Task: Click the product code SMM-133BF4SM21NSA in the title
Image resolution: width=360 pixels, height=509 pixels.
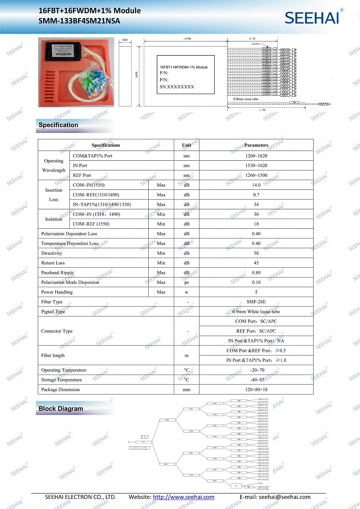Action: tap(79, 21)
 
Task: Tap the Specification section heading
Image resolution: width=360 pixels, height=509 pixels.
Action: tap(58, 125)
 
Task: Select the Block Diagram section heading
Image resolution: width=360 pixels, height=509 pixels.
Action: tap(61, 408)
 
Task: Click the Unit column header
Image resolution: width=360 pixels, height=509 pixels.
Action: tap(186, 145)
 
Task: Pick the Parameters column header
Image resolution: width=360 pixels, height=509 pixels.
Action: tap(256, 145)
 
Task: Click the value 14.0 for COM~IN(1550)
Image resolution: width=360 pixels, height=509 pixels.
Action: tap(256, 185)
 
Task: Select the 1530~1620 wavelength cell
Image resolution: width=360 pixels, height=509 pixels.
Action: tap(256, 166)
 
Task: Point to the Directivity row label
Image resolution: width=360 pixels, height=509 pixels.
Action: tap(52, 253)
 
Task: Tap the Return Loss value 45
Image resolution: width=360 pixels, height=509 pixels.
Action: tap(256, 263)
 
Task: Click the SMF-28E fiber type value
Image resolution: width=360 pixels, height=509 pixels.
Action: tap(256, 302)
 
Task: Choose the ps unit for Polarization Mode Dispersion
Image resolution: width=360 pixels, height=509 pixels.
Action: tap(186, 282)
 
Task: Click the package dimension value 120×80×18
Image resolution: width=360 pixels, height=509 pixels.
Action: tap(256, 389)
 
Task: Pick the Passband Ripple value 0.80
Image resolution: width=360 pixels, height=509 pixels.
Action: tap(256, 273)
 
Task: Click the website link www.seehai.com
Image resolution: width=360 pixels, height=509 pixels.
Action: tap(184, 497)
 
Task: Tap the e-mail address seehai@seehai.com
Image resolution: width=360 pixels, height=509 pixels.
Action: tap(284, 497)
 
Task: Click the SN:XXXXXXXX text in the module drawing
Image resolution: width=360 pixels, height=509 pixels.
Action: tap(177, 87)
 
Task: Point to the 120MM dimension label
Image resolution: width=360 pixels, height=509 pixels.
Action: tap(187, 39)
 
